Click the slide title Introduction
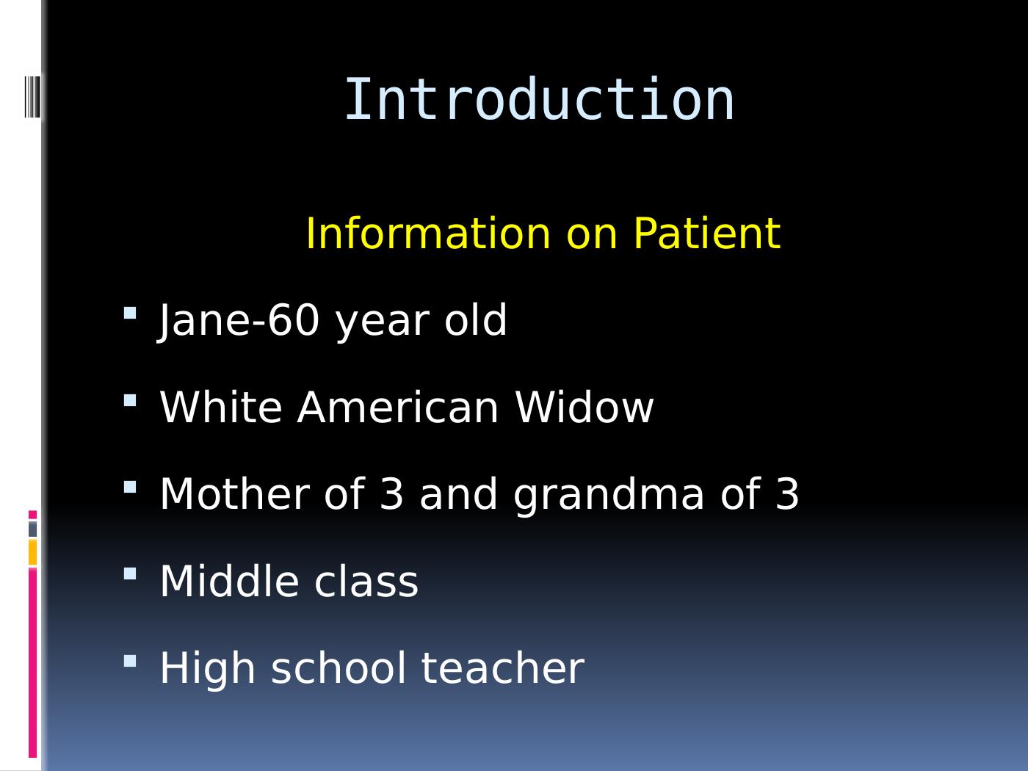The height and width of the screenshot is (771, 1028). pos(539,100)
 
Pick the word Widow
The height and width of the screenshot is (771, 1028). pos(584,408)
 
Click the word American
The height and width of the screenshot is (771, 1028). pos(398,408)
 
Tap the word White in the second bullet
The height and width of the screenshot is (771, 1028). pos(221,408)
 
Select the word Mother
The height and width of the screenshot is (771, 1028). pos(235,494)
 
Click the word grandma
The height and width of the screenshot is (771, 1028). pos(609,496)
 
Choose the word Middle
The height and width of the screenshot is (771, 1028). pos(229,581)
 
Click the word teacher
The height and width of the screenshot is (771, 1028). pos(503,668)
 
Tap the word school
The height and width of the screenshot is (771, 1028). pos(339,668)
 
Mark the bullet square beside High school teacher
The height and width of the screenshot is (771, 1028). pos(130,661)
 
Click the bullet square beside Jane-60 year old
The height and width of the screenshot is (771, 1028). pos(130,313)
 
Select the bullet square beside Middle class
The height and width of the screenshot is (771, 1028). pos(130,574)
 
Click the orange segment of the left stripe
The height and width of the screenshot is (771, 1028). pos(32,552)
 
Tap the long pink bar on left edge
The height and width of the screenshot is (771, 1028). pos(32,662)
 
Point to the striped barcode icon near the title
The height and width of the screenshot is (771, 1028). pos(32,97)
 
